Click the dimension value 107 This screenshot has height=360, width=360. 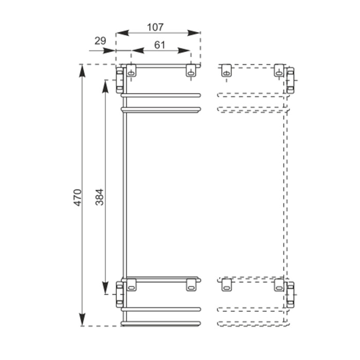click(x=155, y=27)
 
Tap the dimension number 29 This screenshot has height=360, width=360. click(x=100, y=41)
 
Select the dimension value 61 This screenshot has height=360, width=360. click(x=160, y=45)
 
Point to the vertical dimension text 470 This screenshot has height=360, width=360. click(x=78, y=197)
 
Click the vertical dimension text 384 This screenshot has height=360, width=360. click(x=100, y=197)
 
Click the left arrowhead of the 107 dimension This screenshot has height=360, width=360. click(x=123, y=33)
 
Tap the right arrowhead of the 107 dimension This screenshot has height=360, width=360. click(x=193, y=33)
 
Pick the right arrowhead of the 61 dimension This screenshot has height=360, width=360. click(x=184, y=50)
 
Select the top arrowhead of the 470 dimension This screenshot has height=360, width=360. click(x=82, y=71)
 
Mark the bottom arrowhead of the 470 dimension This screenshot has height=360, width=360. click(x=82, y=319)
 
